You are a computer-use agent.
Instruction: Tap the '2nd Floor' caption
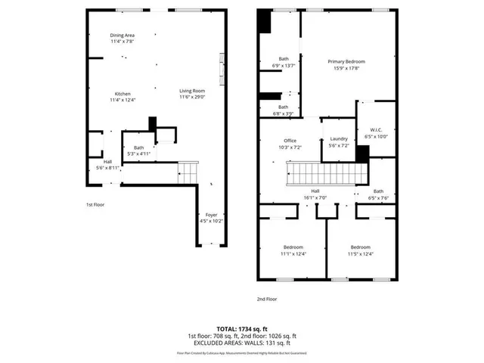coord(266,299)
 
